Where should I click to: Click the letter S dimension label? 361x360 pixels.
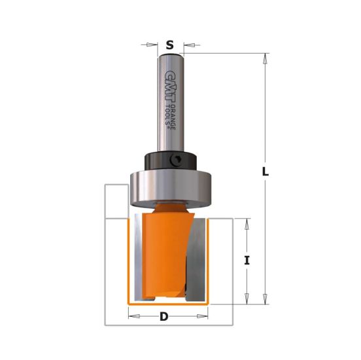pos(170,45)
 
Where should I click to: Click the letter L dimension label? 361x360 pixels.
pos(265,172)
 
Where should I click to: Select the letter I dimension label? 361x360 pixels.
pos(247,260)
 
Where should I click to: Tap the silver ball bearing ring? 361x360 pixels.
pos(170,187)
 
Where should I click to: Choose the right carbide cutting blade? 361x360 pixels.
pos(194,259)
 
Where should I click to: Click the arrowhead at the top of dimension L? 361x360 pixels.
pos(265,60)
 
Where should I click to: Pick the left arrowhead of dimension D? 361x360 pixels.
pos(133,317)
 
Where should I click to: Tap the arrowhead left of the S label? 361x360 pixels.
pos(153,45)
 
